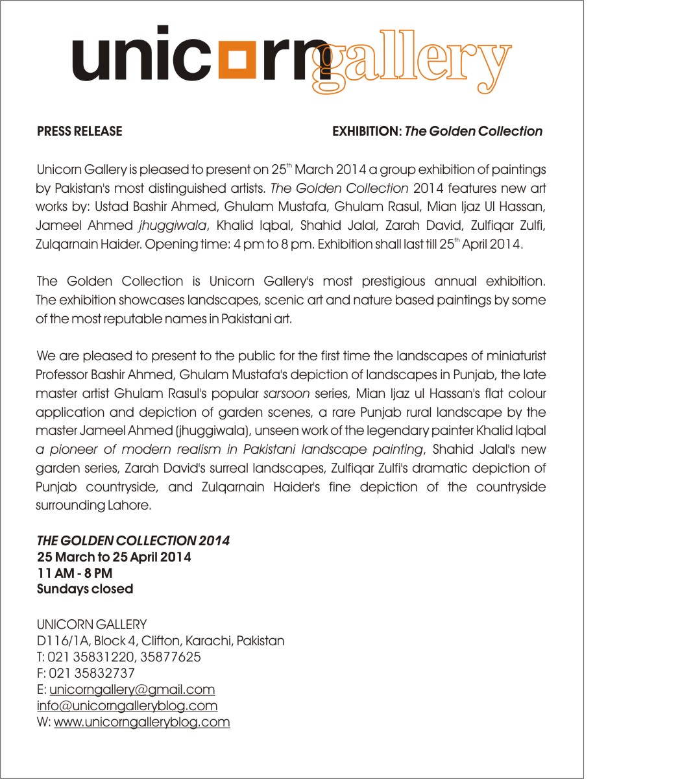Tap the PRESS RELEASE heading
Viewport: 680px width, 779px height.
(79, 131)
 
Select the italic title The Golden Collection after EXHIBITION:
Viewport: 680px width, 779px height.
(473, 131)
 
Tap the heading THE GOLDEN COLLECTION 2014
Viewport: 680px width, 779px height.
(133, 541)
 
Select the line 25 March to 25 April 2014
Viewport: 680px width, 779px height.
(114, 557)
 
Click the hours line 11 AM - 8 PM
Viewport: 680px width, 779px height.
(75, 573)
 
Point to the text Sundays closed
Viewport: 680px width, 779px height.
(85, 589)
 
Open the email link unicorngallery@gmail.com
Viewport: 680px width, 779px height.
(132, 689)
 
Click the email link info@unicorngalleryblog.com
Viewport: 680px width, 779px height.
(127, 706)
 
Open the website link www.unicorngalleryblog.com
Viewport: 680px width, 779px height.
(141, 722)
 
